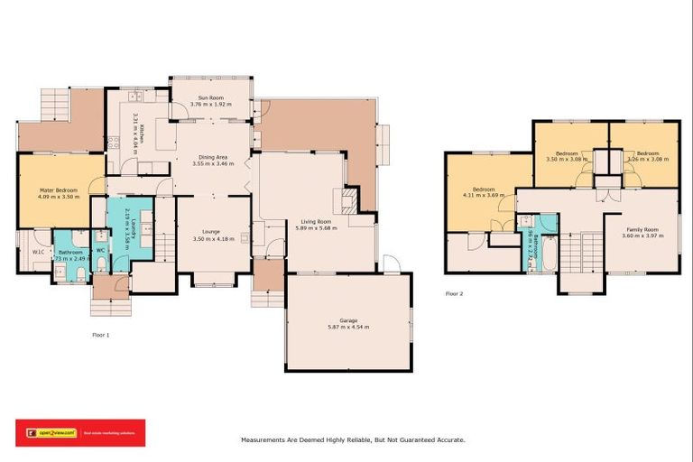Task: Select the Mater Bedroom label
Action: coord(59,190)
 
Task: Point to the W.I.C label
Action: coord(39,252)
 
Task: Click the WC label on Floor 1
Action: coord(100,249)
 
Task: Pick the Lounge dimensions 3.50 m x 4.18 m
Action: coord(213,239)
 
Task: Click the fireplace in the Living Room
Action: coord(348,198)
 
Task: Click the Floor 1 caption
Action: coord(100,335)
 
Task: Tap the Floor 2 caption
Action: coord(454,293)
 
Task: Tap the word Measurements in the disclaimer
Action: coord(267,439)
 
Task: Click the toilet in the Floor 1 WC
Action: coord(103,263)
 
